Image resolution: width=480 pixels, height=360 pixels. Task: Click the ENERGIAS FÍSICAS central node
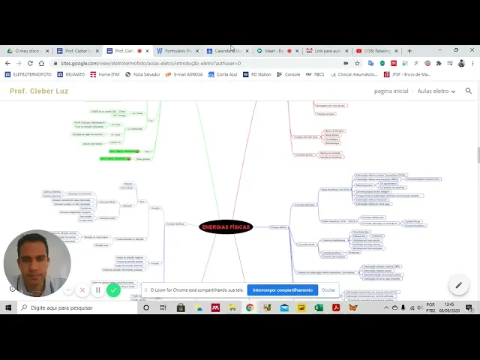tap(226, 226)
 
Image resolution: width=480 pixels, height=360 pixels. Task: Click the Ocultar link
tap(328, 289)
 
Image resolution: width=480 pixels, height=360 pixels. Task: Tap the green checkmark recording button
tap(113, 289)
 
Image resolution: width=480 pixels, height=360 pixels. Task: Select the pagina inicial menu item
tap(391, 91)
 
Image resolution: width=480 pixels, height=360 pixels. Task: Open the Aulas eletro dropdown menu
tap(435, 91)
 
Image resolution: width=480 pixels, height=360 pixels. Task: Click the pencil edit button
tap(458, 285)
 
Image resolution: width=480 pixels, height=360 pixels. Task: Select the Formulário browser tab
tap(177, 51)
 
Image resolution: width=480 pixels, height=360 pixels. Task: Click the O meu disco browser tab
tap(28, 51)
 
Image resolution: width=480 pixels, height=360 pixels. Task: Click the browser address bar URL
tap(150, 63)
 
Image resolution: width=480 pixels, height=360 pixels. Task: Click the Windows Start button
tap(9, 307)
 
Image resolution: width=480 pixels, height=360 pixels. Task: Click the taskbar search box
tap(75, 307)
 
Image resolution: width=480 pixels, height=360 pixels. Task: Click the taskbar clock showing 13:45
tap(448, 307)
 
